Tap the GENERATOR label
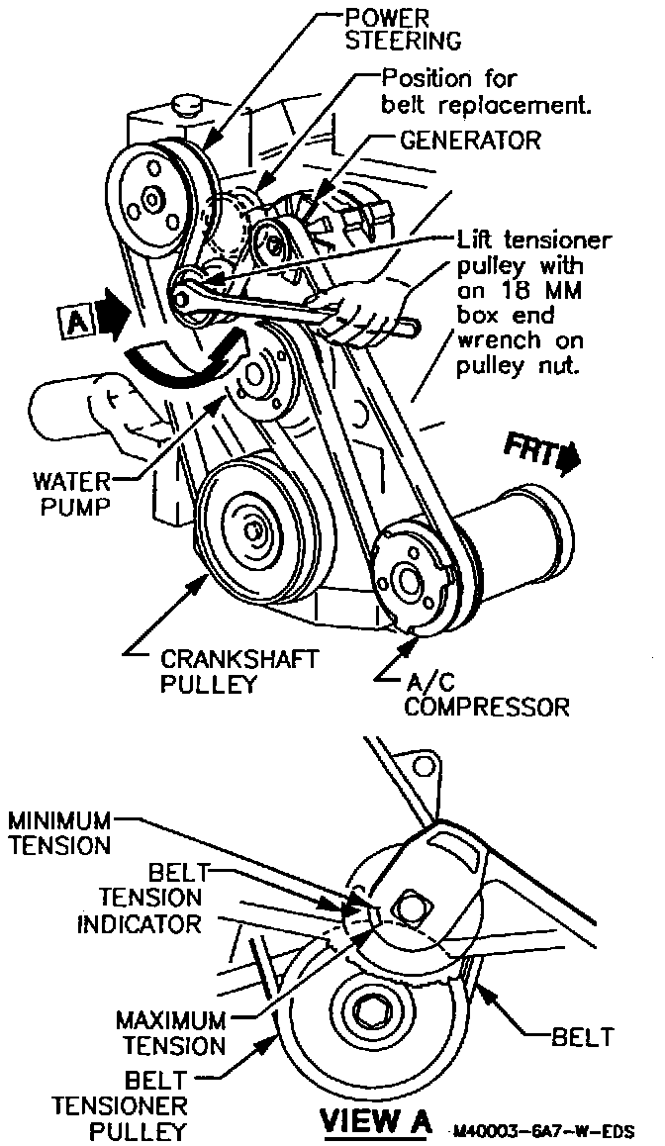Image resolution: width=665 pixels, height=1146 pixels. (x=471, y=141)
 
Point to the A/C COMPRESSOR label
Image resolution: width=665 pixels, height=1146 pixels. (x=486, y=695)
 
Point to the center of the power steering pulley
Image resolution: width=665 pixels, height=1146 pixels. (x=150, y=201)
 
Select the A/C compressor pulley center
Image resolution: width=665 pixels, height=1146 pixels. (x=406, y=580)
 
